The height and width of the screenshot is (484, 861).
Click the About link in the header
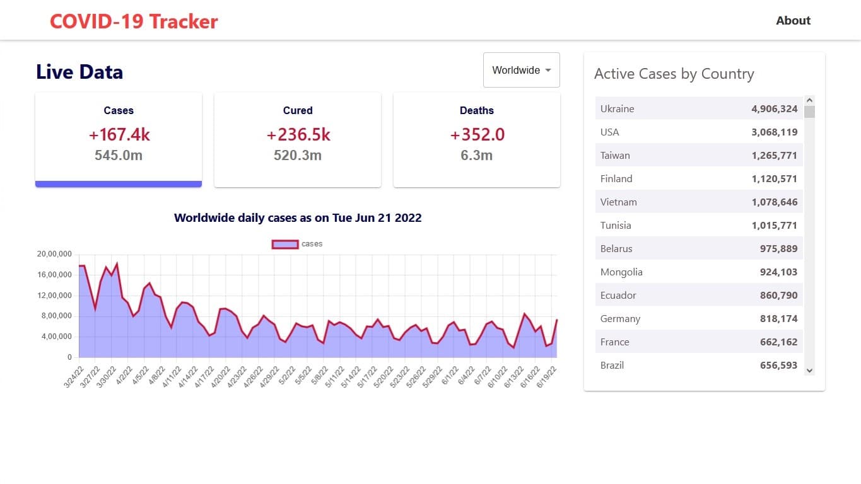793,21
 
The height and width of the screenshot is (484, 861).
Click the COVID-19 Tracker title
134,21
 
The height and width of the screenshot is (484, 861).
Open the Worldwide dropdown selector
522,70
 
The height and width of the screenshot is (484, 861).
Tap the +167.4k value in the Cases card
119,135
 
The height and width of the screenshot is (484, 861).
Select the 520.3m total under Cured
298,155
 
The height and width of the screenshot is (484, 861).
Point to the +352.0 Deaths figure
477,135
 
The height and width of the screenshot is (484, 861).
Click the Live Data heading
79,72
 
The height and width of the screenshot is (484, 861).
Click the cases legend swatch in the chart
284,245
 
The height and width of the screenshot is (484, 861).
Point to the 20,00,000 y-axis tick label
55,254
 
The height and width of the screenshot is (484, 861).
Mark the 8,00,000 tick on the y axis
57,316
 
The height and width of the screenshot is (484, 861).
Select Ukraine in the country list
618,109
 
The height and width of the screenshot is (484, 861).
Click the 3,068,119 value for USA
774,132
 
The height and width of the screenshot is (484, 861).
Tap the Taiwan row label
615,156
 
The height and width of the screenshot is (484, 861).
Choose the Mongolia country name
621,272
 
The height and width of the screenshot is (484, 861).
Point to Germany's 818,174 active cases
778,319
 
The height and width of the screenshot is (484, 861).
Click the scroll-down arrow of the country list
810,371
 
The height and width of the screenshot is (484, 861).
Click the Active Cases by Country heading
674,74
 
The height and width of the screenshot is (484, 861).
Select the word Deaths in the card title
477,110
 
